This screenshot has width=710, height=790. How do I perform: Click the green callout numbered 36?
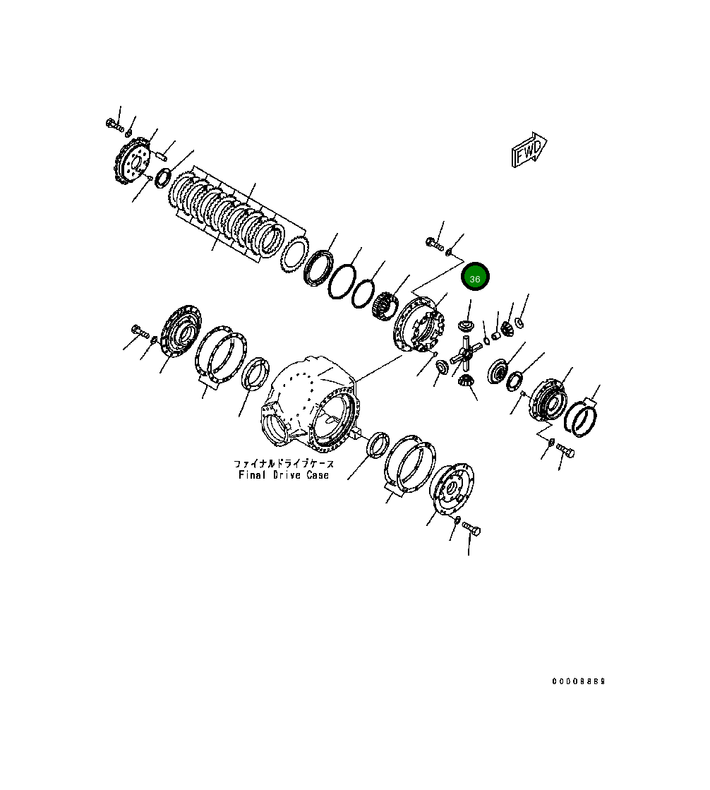pyautogui.click(x=475, y=278)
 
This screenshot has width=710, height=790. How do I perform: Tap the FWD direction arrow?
pyautogui.click(x=529, y=150)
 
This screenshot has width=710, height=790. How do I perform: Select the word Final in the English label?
pyautogui.click(x=252, y=475)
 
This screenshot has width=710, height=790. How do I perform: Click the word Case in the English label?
pyautogui.click(x=318, y=475)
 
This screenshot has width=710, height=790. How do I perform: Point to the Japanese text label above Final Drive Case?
pyautogui.click(x=284, y=464)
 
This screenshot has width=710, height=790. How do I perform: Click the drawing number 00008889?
pyautogui.click(x=578, y=681)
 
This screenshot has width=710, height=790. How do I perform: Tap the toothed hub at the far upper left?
pyautogui.click(x=131, y=162)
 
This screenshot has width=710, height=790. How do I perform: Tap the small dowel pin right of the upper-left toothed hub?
pyautogui.click(x=160, y=151)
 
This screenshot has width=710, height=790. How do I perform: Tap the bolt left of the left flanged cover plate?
pyautogui.click(x=137, y=330)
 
